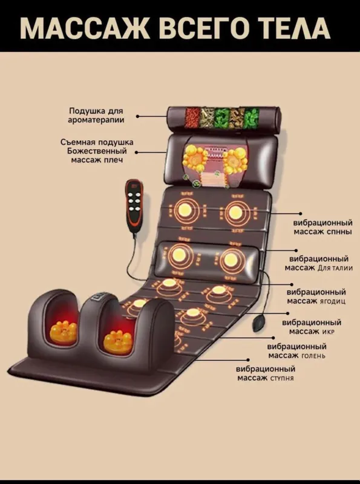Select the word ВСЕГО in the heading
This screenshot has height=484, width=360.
point(189,28)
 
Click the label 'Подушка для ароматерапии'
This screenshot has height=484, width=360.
point(96,116)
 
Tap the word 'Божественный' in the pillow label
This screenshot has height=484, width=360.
point(97,151)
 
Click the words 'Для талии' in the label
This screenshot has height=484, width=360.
point(335,267)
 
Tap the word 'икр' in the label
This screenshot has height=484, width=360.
point(328,332)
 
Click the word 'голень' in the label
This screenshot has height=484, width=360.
point(313,356)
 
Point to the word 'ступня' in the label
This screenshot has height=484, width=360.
point(281,378)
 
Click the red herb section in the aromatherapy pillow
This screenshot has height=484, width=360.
point(192,117)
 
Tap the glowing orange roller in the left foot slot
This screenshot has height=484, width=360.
point(64,332)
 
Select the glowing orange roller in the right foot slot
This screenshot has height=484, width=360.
point(118,342)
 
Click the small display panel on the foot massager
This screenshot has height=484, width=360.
point(100,298)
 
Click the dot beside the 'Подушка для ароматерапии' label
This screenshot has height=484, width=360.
point(138,116)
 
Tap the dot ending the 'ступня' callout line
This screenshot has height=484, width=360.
point(248,359)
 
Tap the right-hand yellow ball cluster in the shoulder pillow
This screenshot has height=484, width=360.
point(235,160)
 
